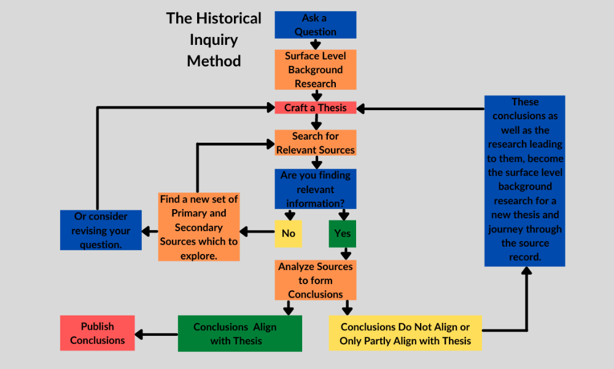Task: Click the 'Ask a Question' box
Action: click(x=315, y=25)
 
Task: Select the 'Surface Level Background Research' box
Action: click(x=315, y=69)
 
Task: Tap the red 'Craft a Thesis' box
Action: click(x=315, y=108)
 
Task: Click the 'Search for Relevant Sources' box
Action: click(x=315, y=143)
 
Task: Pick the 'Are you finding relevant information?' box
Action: click(x=315, y=189)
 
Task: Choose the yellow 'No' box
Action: click(x=288, y=233)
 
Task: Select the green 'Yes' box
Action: click(x=343, y=233)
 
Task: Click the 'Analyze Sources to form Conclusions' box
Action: click(x=315, y=280)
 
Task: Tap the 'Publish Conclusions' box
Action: click(x=97, y=333)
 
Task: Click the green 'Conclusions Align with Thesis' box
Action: click(x=239, y=333)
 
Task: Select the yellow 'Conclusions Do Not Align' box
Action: click(x=405, y=333)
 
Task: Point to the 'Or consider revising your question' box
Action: click(x=101, y=230)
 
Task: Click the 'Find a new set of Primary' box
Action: click(x=198, y=227)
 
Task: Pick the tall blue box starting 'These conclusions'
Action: click(x=524, y=180)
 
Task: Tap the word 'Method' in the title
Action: click(x=214, y=61)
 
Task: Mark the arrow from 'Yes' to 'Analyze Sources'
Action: click(x=346, y=252)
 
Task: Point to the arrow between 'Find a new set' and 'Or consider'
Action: click(x=149, y=231)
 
